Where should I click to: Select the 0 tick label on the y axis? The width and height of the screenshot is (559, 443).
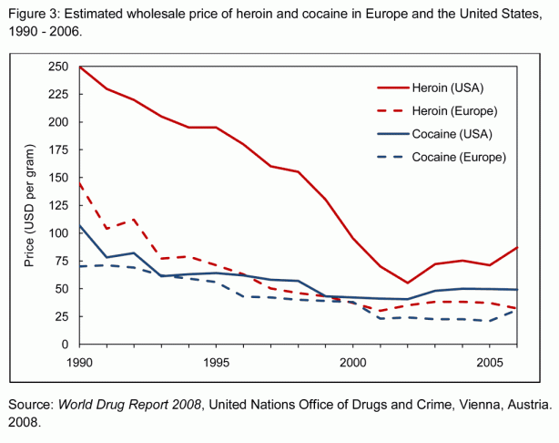click(65, 345)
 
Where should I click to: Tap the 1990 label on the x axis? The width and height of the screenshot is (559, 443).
click(80, 362)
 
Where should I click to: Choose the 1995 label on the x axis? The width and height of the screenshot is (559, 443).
click(215, 362)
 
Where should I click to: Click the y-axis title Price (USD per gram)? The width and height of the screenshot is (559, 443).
click(27, 206)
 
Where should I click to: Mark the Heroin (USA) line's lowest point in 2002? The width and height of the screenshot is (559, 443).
click(407, 283)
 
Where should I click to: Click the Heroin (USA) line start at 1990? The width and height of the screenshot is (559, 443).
click(81, 67)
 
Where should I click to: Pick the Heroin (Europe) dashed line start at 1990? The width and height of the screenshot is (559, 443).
click(81, 184)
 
